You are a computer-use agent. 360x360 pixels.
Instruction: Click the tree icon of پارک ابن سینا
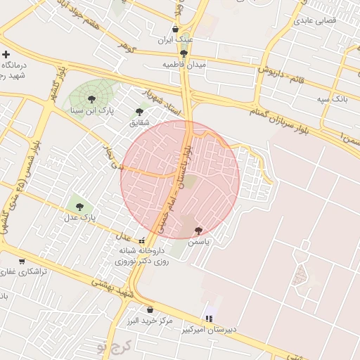tap(91, 100)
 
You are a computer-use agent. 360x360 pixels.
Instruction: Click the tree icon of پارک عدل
tap(79, 207)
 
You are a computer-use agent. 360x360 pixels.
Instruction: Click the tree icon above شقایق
tap(139, 110)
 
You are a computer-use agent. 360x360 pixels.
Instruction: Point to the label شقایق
tap(140, 122)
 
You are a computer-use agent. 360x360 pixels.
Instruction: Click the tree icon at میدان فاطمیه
tap(184, 53)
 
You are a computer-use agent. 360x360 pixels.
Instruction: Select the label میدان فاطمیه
tap(183, 64)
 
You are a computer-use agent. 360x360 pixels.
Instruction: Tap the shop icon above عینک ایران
tap(175, 30)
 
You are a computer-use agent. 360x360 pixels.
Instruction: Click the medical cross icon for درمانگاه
tap(6, 54)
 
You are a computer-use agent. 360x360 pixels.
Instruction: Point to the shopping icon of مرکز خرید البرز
tap(149, 309)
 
